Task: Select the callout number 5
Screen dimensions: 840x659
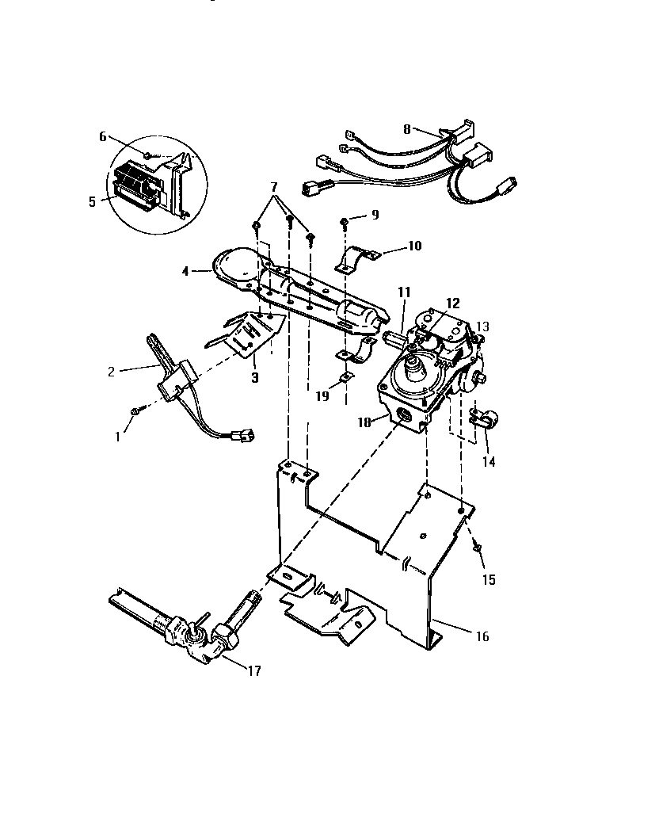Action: (93, 201)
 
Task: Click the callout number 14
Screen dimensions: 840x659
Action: (489, 461)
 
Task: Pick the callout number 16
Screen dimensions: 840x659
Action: (482, 636)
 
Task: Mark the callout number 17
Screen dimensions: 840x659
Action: (253, 671)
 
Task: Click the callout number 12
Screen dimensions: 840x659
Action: (453, 303)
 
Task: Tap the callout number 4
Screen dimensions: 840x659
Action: (184, 271)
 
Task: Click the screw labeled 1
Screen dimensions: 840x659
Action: (136, 410)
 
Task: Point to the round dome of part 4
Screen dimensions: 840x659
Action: (233, 265)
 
